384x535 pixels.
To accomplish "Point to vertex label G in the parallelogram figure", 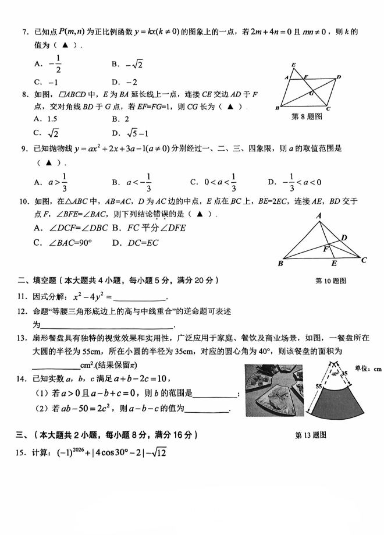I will [311, 93].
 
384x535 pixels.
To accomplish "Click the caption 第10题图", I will [330, 281].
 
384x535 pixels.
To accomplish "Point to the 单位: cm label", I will [367, 368].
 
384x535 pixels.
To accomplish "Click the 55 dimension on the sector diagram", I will [318, 386].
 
